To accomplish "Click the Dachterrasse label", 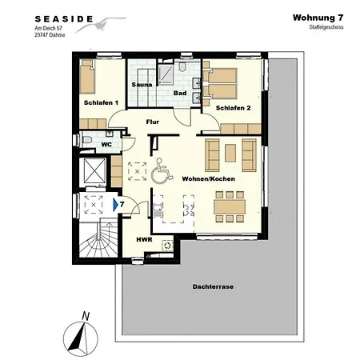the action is tap(213, 287).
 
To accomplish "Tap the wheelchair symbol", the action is tap(162, 171).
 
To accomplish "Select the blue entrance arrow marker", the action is tap(115, 205).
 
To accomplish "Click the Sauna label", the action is tap(142, 85).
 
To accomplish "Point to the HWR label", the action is tap(144, 239).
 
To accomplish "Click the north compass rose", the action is tap(81, 337).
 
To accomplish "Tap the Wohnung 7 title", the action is tap(318, 18).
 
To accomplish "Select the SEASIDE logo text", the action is tap(64, 19).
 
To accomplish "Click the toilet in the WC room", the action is tap(86, 139).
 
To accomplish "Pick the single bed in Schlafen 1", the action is tap(87, 77).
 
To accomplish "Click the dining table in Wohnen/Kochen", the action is tap(230, 206).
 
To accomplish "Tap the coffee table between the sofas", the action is tap(230, 153).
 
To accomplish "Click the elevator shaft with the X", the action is tap(94, 171).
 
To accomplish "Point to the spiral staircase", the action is tap(98, 238).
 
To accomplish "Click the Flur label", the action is tap(153, 122).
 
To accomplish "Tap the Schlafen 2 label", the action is tap(233, 108).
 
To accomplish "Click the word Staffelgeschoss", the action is tap(326, 27).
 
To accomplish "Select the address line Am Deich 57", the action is tap(48, 28).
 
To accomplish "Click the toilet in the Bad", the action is tap(182, 66).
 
